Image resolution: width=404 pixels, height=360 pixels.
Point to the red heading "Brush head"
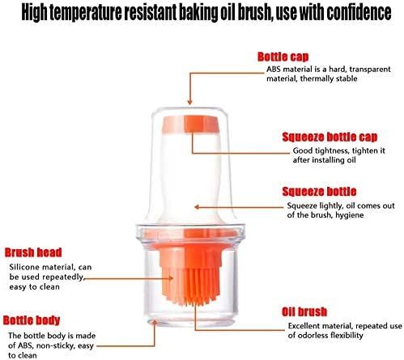(x=34, y=252)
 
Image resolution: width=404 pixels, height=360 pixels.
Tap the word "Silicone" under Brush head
(x=27, y=266)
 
